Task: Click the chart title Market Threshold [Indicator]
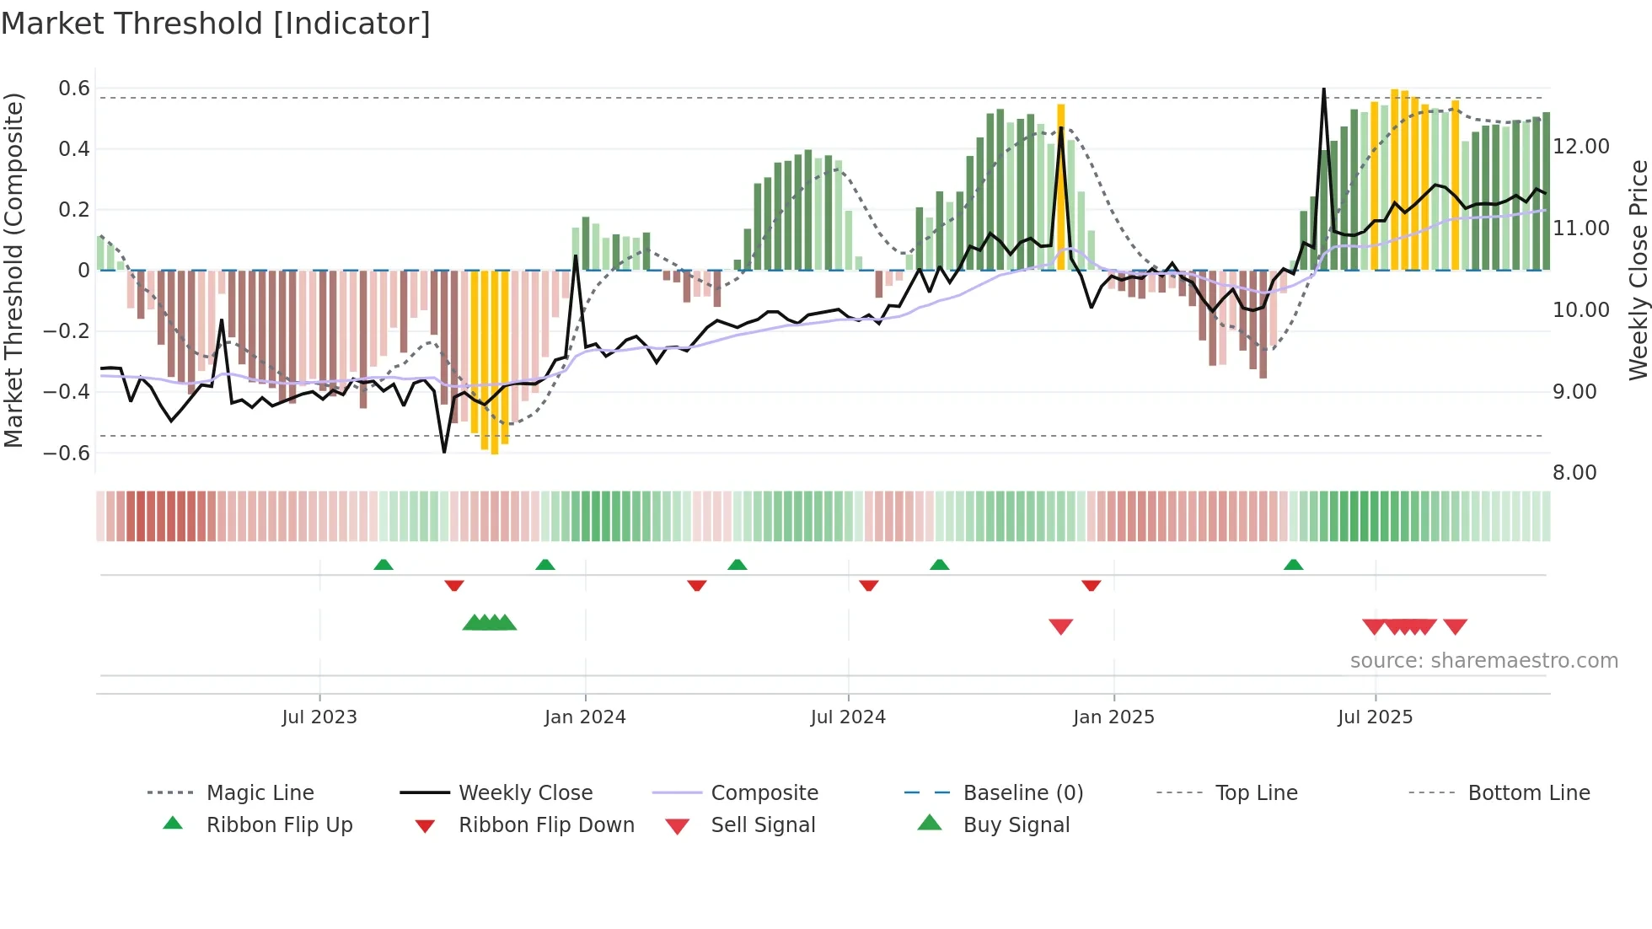[x=216, y=24]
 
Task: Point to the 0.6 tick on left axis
[x=74, y=89]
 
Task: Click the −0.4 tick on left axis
[x=67, y=392]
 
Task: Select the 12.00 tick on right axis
[x=1581, y=147]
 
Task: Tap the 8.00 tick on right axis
[x=1574, y=473]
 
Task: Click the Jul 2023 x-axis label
[x=319, y=717]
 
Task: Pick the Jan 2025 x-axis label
[x=1113, y=717]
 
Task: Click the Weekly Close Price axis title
[x=1638, y=270]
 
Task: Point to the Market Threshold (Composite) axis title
[x=13, y=270]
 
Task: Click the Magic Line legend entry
[x=260, y=793]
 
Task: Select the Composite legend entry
[x=764, y=793]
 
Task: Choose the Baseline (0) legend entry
[x=1022, y=793]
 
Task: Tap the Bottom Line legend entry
[x=1528, y=793]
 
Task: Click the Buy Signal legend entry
[x=1016, y=825]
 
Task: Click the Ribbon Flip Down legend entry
[x=546, y=825]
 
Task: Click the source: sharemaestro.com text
[x=1483, y=661]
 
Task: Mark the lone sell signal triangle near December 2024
[x=1060, y=626]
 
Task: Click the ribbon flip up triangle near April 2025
[x=1293, y=565]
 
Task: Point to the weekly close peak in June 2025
[x=1324, y=89]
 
